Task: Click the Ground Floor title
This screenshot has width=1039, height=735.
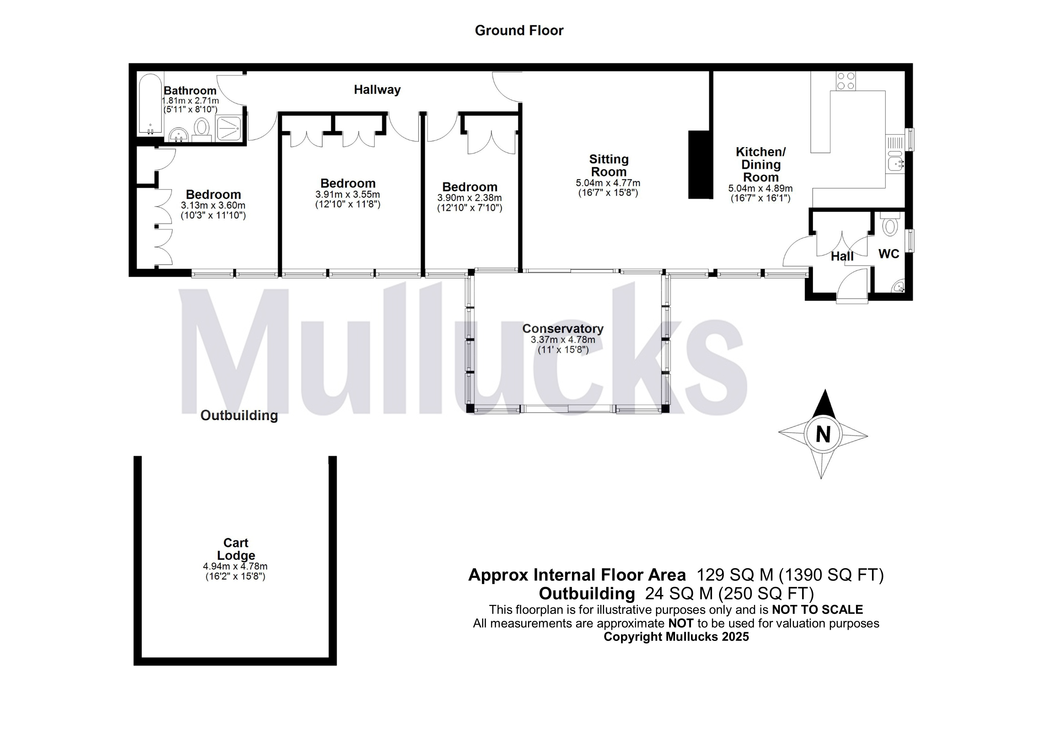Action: tap(519, 30)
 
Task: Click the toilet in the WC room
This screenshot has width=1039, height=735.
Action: tap(890, 224)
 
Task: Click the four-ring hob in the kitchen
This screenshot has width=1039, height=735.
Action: tap(846, 81)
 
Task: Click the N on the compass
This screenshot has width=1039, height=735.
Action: tap(823, 435)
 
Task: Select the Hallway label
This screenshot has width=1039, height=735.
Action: tap(377, 90)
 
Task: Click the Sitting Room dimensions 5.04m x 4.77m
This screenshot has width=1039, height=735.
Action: tap(608, 183)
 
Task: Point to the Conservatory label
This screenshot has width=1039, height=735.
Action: tap(562, 328)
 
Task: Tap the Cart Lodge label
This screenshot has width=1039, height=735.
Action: tap(236, 549)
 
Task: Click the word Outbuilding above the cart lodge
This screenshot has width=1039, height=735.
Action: tap(239, 415)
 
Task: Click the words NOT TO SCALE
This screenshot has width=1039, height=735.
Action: tap(817, 610)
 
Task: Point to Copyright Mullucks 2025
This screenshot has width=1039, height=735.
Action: tap(676, 637)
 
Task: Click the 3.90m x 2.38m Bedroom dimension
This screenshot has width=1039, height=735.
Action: tap(469, 198)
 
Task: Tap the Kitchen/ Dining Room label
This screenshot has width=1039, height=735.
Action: tap(761, 164)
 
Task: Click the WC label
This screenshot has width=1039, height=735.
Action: tap(889, 254)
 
